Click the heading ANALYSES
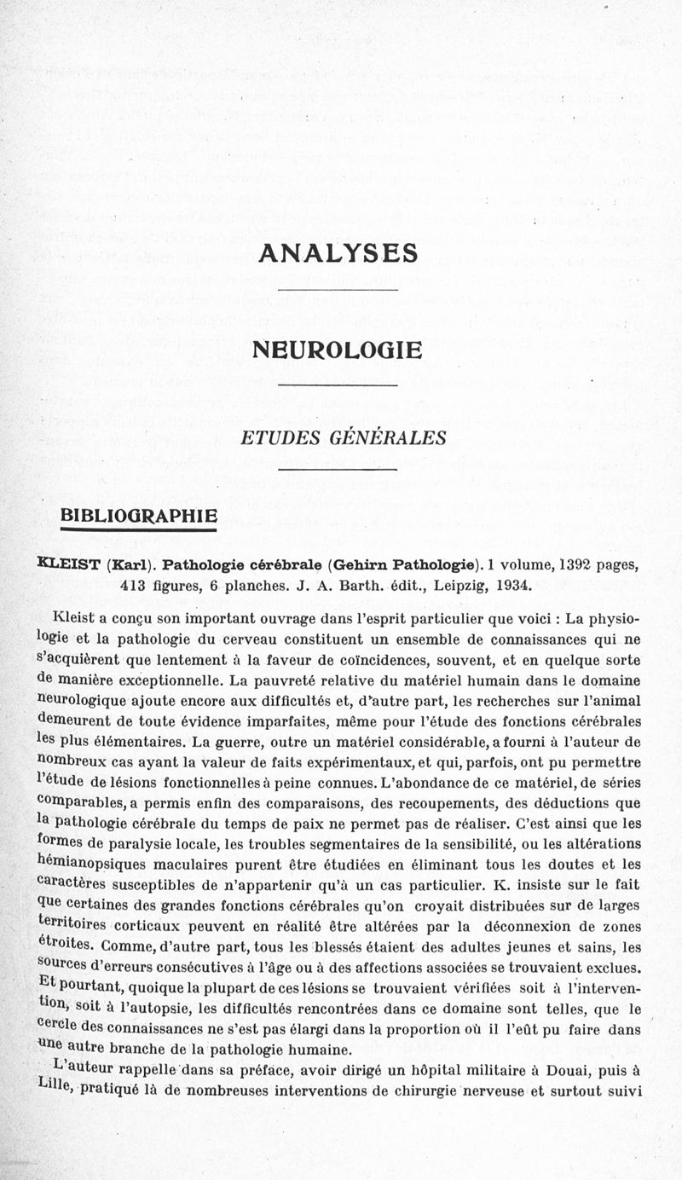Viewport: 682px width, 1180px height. pyautogui.click(x=338, y=253)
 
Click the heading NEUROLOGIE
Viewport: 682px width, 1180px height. pyautogui.click(x=338, y=350)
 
